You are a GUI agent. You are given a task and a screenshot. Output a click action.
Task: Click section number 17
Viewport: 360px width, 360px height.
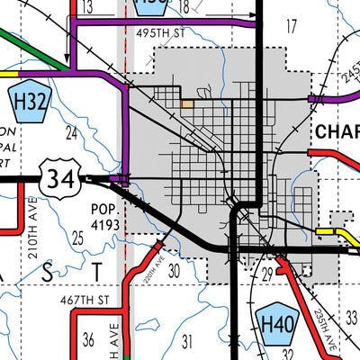coord(291,25)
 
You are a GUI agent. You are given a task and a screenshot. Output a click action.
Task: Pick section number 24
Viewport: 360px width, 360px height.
coord(72,132)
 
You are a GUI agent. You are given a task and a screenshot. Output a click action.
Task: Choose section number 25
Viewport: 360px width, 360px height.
coord(77,238)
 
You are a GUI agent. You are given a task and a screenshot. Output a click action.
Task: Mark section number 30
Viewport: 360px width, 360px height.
coord(175,270)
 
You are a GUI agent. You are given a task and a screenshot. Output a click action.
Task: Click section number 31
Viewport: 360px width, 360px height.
coord(187,340)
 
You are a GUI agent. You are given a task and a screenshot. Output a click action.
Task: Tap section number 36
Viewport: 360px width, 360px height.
coord(87,340)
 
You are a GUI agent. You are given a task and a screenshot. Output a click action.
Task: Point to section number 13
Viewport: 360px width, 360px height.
coord(87,8)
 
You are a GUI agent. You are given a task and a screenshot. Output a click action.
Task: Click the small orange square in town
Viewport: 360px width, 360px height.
coord(187,104)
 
